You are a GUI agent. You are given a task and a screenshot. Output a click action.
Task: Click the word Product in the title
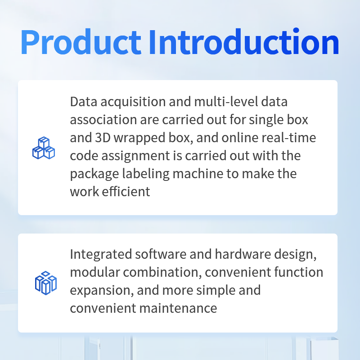tap(81, 42)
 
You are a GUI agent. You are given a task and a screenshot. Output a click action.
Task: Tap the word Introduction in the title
tap(244, 41)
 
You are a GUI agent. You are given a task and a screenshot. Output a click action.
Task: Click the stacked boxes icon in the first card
tap(44, 148)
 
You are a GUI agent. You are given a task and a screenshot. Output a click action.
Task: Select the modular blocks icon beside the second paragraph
tap(46, 283)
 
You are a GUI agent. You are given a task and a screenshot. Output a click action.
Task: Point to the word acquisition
tap(133, 102)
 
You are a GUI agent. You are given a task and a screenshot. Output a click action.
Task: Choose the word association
tap(103, 120)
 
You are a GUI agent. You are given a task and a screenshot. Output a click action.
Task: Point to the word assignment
tap(135, 156)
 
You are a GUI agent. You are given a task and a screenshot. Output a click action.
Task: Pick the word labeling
tap(146, 174)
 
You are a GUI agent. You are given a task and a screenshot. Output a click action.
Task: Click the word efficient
tap(126, 192)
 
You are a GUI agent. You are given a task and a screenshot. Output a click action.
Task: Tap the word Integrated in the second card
tap(101, 255)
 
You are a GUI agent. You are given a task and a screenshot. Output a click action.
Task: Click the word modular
tap(95, 272)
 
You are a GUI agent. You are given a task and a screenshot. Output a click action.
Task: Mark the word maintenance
tap(178, 308)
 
